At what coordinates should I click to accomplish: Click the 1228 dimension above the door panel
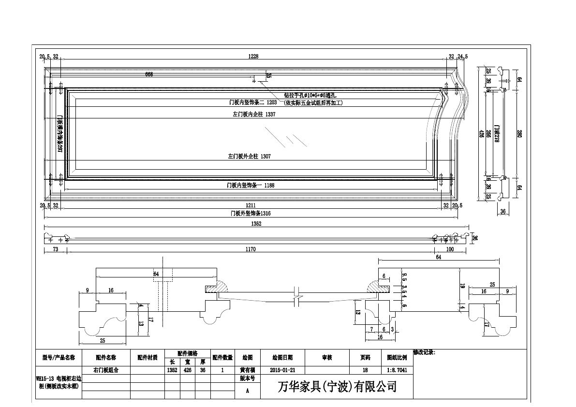point(253,57)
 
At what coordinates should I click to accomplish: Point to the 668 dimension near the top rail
point(149,74)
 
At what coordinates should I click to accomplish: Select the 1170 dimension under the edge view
point(250,249)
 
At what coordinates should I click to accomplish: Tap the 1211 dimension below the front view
point(251,205)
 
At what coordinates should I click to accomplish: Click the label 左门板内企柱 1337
point(254,115)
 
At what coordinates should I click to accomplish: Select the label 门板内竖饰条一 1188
point(251,186)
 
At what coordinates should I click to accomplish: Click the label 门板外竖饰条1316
point(251,213)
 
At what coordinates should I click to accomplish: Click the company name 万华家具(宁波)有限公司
point(337,387)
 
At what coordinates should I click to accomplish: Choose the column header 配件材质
point(148,358)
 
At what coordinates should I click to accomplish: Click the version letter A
point(248,390)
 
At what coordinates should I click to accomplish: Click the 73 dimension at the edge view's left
point(56,249)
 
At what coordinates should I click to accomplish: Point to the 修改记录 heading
point(424,353)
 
